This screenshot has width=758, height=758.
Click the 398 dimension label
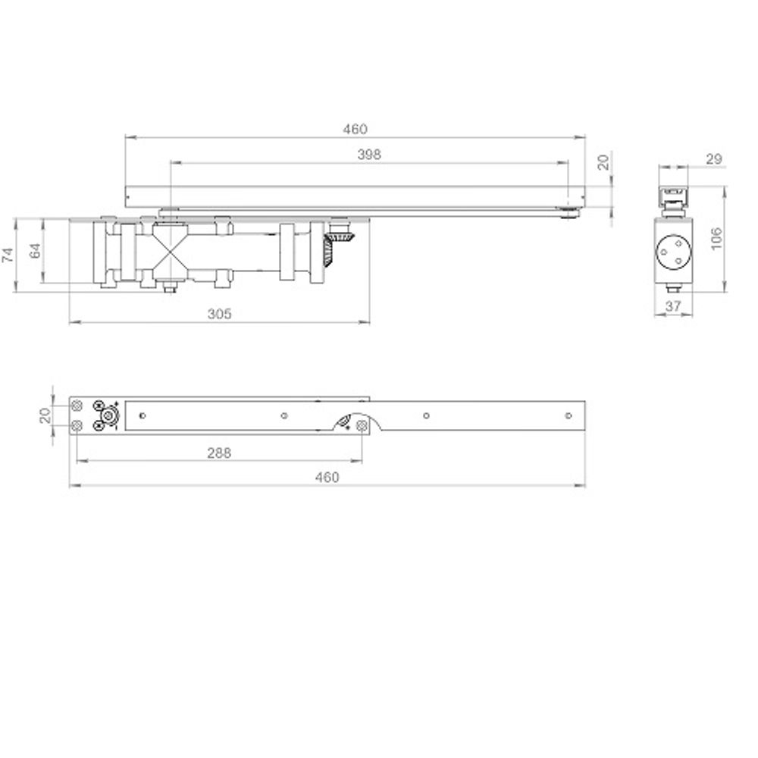tap(368, 154)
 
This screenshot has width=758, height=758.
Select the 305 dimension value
tap(220, 313)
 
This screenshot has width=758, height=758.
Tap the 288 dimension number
tap(218, 453)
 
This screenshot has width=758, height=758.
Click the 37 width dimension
tap(672, 305)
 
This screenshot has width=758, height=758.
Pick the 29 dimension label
tap(713, 158)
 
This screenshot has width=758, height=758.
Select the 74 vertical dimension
tap(8, 254)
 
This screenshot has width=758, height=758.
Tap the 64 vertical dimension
tap(35, 252)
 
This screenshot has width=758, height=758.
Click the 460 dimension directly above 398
tap(355, 129)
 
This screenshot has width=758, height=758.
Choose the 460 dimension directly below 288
tap(327, 477)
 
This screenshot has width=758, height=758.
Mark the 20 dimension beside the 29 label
tap(603, 162)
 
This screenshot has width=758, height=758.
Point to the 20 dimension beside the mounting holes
tap(45, 415)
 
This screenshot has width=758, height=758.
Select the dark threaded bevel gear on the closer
tap(332, 249)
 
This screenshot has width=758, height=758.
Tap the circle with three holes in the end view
tap(672, 252)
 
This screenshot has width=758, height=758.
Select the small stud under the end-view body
tap(672, 288)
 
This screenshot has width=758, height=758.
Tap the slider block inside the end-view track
tap(672, 196)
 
